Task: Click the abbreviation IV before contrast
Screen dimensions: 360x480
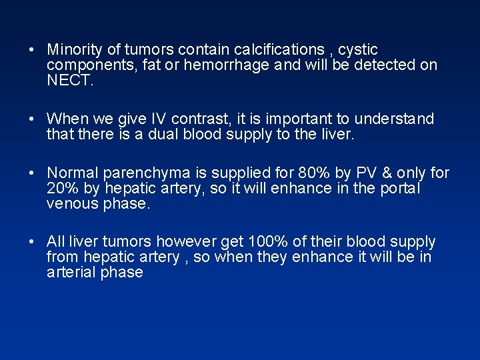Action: (157, 119)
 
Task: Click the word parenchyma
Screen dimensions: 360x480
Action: (139, 173)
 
